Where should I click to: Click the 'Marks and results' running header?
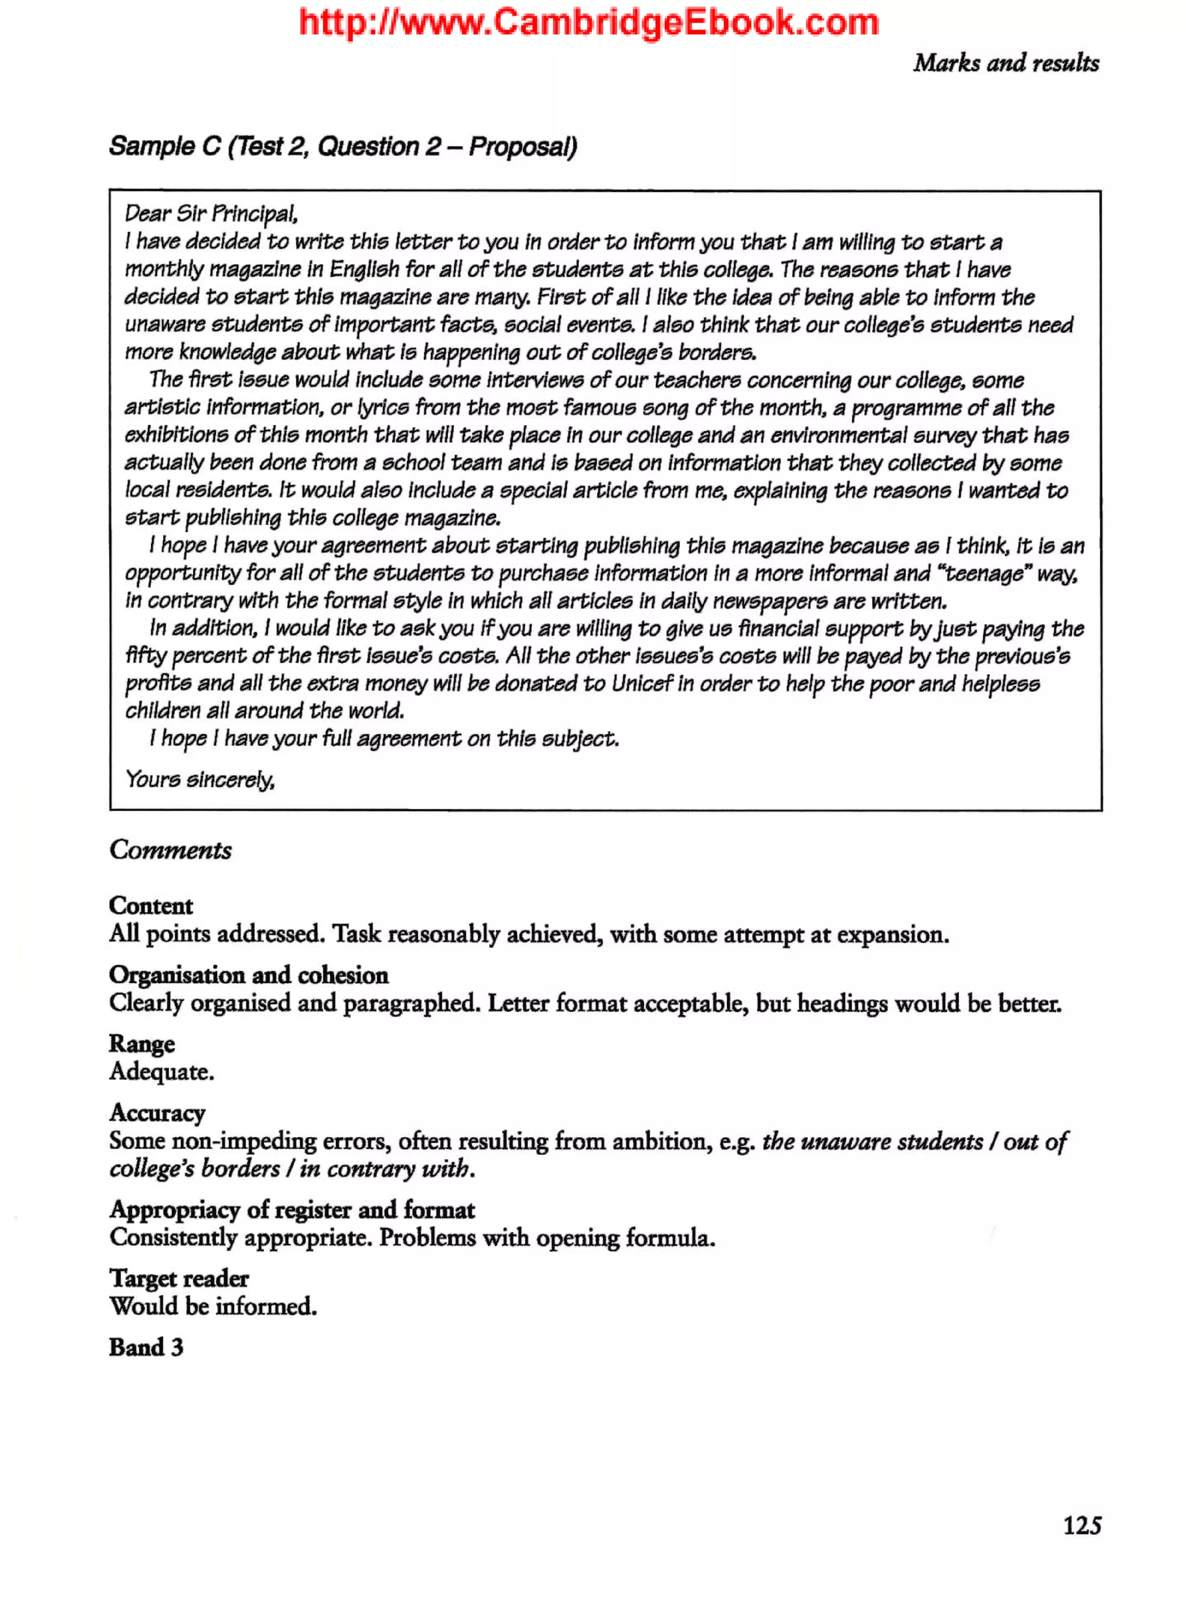point(1005,63)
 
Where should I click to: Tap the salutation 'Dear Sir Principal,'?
point(211,214)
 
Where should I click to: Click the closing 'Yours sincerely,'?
point(200,779)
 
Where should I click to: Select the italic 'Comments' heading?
point(170,850)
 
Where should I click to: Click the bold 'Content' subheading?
point(151,905)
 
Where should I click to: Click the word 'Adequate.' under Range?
point(162,1072)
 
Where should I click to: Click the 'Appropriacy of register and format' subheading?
point(291,1210)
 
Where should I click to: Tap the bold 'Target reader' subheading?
point(179,1279)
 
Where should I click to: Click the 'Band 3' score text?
point(146,1347)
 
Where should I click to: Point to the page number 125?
point(1081,1525)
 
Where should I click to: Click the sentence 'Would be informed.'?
point(213,1306)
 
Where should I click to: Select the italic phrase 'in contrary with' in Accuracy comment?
point(386,1169)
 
